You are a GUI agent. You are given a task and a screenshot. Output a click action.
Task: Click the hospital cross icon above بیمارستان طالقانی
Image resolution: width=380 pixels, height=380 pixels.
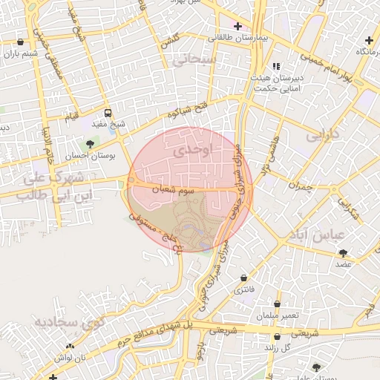(x=237, y=26)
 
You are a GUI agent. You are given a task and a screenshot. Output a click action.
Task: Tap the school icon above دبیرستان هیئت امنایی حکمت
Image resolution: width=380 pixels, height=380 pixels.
(x=277, y=67)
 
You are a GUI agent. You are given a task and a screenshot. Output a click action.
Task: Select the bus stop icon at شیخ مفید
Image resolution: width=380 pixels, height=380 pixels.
(x=108, y=114)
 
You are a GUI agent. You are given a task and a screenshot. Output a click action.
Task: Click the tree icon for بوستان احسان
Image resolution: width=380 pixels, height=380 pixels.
(x=91, y=144)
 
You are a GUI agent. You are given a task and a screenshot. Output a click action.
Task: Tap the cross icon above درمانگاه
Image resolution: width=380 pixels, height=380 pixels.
(x=370, y=39)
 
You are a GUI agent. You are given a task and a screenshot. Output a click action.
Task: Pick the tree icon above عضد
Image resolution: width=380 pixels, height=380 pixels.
(x=342, y=253)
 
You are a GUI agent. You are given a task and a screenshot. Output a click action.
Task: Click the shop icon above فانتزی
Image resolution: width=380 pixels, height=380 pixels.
(x=243, y=278)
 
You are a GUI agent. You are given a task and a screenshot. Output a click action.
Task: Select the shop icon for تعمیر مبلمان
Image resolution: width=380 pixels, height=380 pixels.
(x=278, y=304)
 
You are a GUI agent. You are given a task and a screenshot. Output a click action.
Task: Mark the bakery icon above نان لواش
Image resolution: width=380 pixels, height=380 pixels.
(x=71, y=347)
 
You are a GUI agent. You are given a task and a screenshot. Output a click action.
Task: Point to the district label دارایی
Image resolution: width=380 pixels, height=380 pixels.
(x=321, y=137)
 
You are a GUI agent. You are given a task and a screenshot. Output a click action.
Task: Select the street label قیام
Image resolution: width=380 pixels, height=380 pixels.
(x=71, y=117)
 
